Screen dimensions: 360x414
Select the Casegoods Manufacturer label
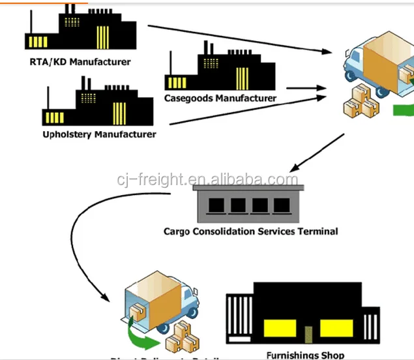(x=220, y=98)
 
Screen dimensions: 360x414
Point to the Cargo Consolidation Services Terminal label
(x=250, y=231)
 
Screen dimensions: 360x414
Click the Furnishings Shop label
(x=305, y=355)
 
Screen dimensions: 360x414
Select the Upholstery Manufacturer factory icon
(x=98, y=104)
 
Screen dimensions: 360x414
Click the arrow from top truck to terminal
(x=317, y=153)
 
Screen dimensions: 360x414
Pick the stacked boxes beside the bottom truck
(x=185, y=337)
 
